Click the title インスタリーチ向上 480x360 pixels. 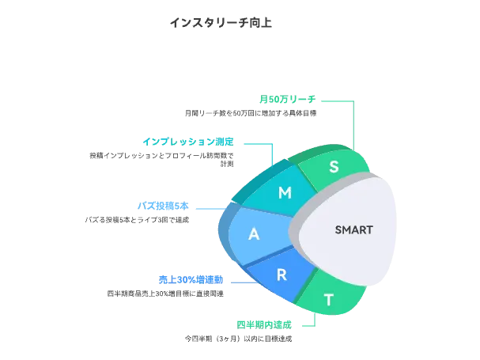point(221,22)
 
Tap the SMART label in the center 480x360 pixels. point(353,230)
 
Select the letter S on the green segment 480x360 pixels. point(334,167)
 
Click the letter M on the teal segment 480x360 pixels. point(285,193)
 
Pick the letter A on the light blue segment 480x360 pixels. point(254,234)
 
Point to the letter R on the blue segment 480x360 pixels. point(282,275)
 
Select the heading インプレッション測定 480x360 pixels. point(193,142)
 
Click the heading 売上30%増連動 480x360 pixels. point(191,280)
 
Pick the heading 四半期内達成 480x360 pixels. point(264,325)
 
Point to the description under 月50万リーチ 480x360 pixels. point(251,113)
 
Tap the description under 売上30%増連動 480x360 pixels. point(165,294)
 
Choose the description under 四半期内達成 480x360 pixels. point(238,339)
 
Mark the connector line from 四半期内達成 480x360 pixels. point(314,320)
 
